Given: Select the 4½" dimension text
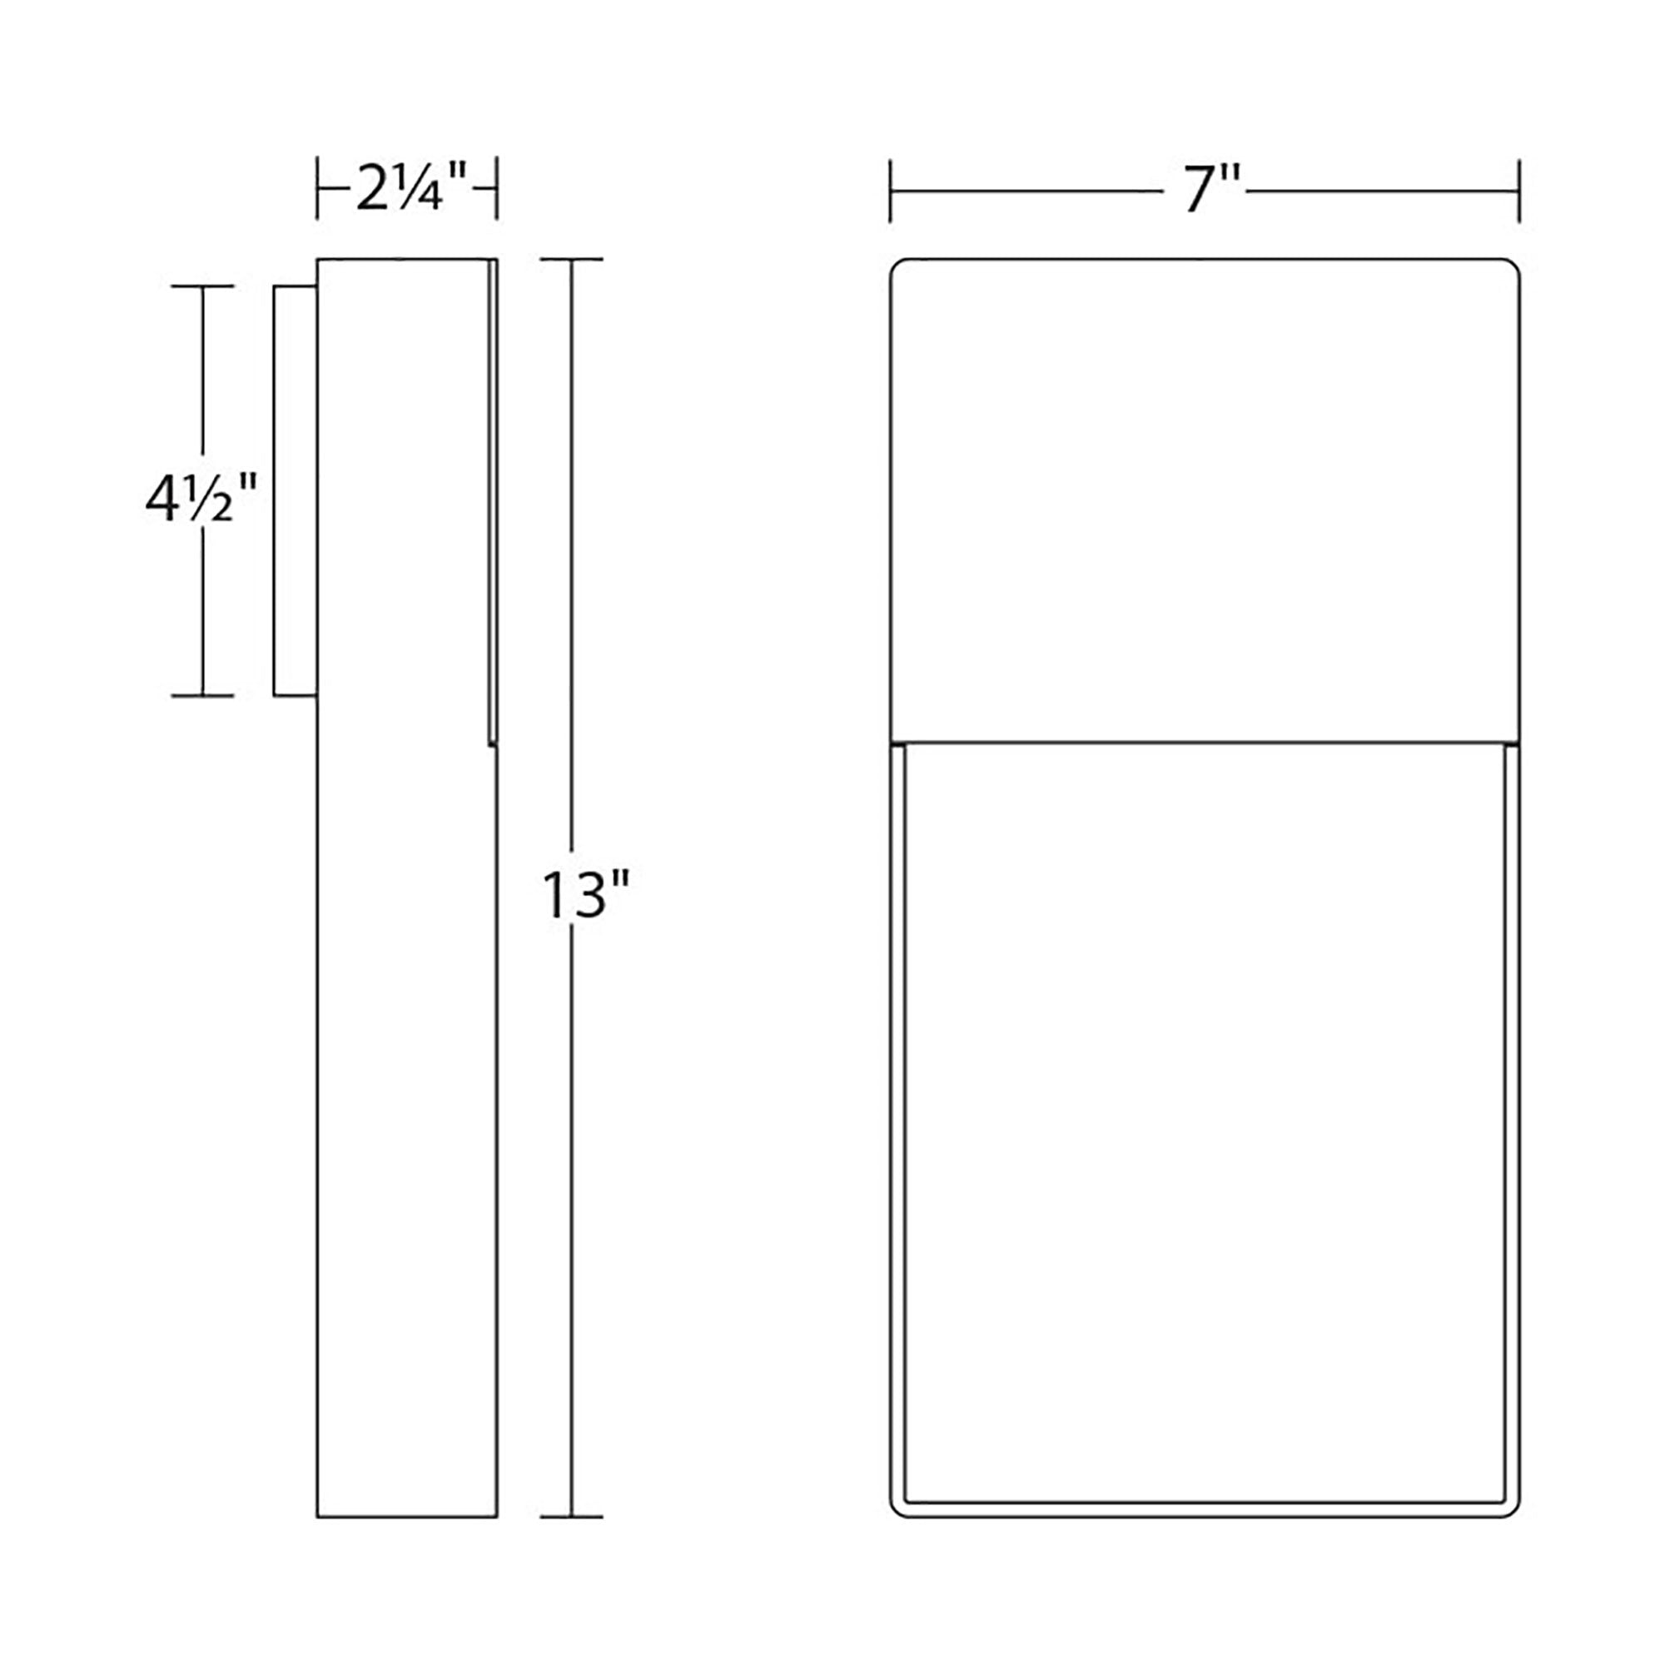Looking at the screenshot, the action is (201, 499).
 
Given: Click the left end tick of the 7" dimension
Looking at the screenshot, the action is (891, 190).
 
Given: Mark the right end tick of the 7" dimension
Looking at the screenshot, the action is (1518, 190).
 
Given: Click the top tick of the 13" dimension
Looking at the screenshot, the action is (571, 259).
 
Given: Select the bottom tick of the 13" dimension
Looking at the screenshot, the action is (571, 1541).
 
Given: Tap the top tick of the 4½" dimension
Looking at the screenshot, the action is (202, 286).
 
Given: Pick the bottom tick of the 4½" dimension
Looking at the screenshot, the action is (202, 694).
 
